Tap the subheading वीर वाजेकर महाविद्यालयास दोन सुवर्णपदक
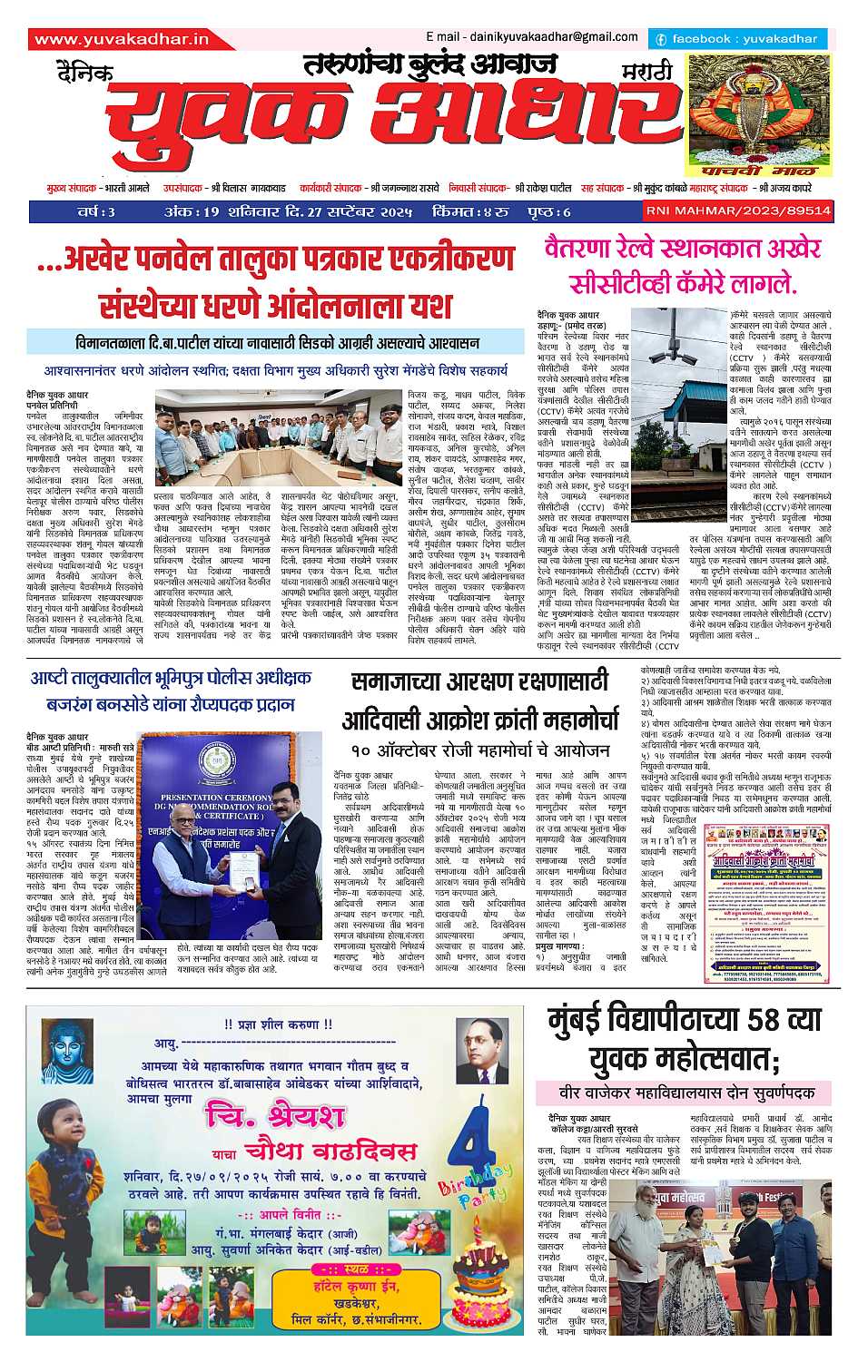683,1093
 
